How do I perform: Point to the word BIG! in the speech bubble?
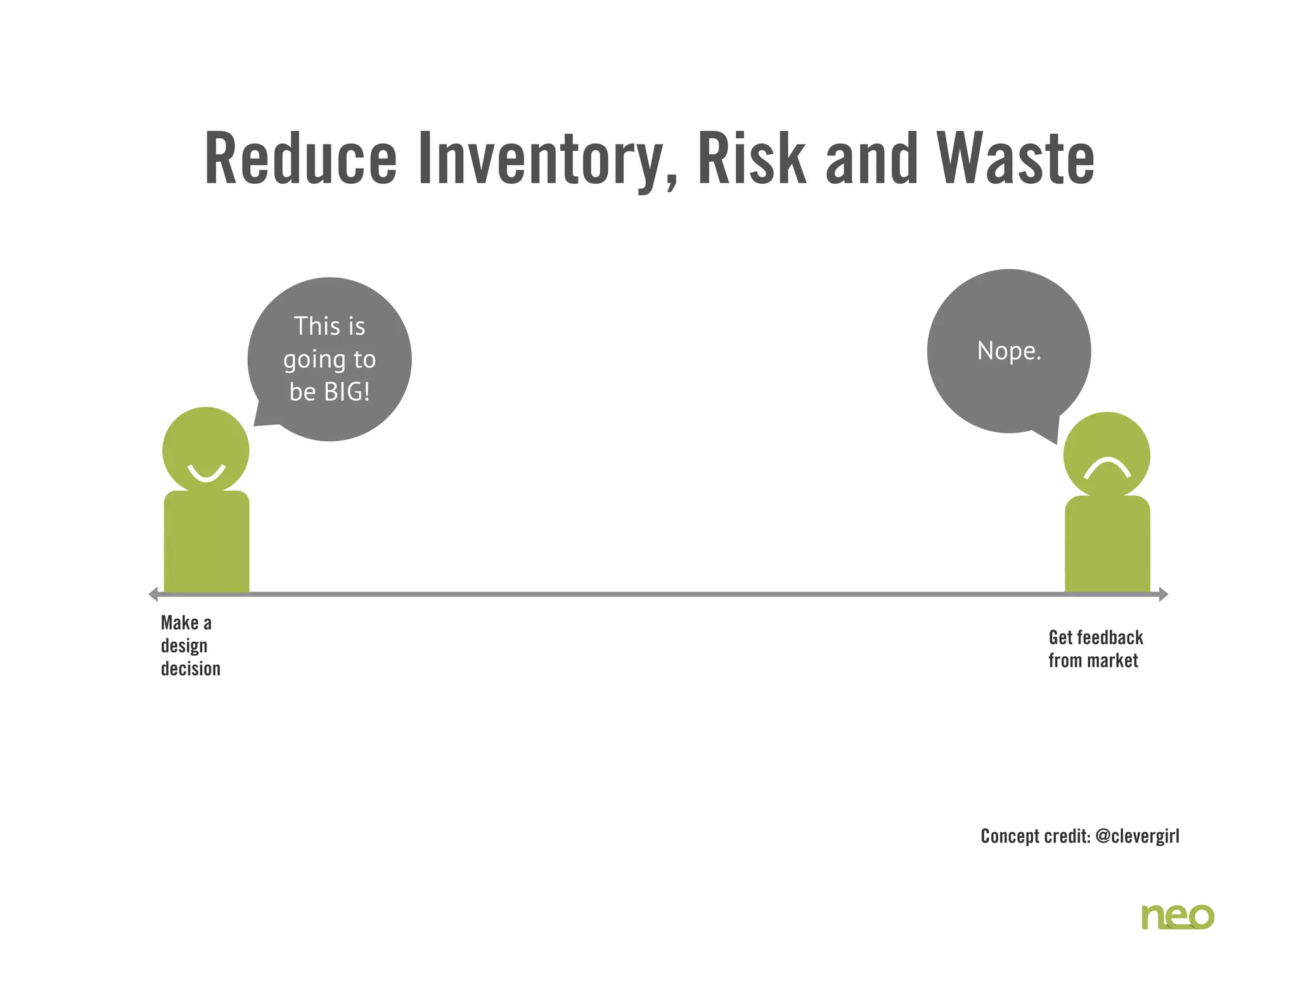(x=347, y=392)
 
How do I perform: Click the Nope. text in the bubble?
(x=1009, y=351)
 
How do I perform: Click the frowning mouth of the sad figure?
(x=1107, y=469)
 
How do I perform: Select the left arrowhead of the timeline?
(x=153, y=594)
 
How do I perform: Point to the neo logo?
(x=1178, y=916)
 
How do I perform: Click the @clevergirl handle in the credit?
(x=1137, y=836)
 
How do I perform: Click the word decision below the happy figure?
(x=191, y=669)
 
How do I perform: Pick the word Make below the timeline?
(x=179, y=623)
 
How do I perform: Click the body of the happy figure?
(x=207, y=542)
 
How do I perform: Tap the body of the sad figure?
(x=1107, y=545)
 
